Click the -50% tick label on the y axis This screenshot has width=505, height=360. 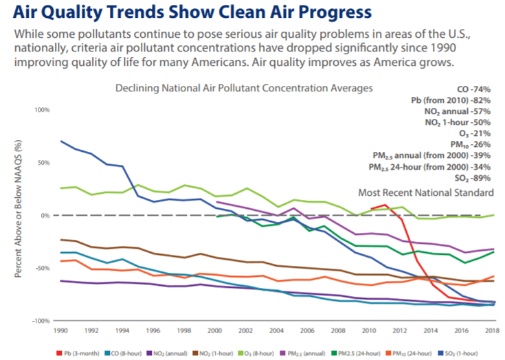[x=42, y=268]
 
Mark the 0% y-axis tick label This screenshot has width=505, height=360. [x=45, y=216]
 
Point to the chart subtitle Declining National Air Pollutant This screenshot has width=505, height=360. [x=244, y=89]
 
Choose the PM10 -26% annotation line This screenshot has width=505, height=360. [x=471, y=144]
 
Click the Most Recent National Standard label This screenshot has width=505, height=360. [x=426, y=192]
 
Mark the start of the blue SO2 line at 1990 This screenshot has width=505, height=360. [x=61, y=141]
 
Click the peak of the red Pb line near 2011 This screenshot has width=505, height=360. [x=385, y=204]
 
